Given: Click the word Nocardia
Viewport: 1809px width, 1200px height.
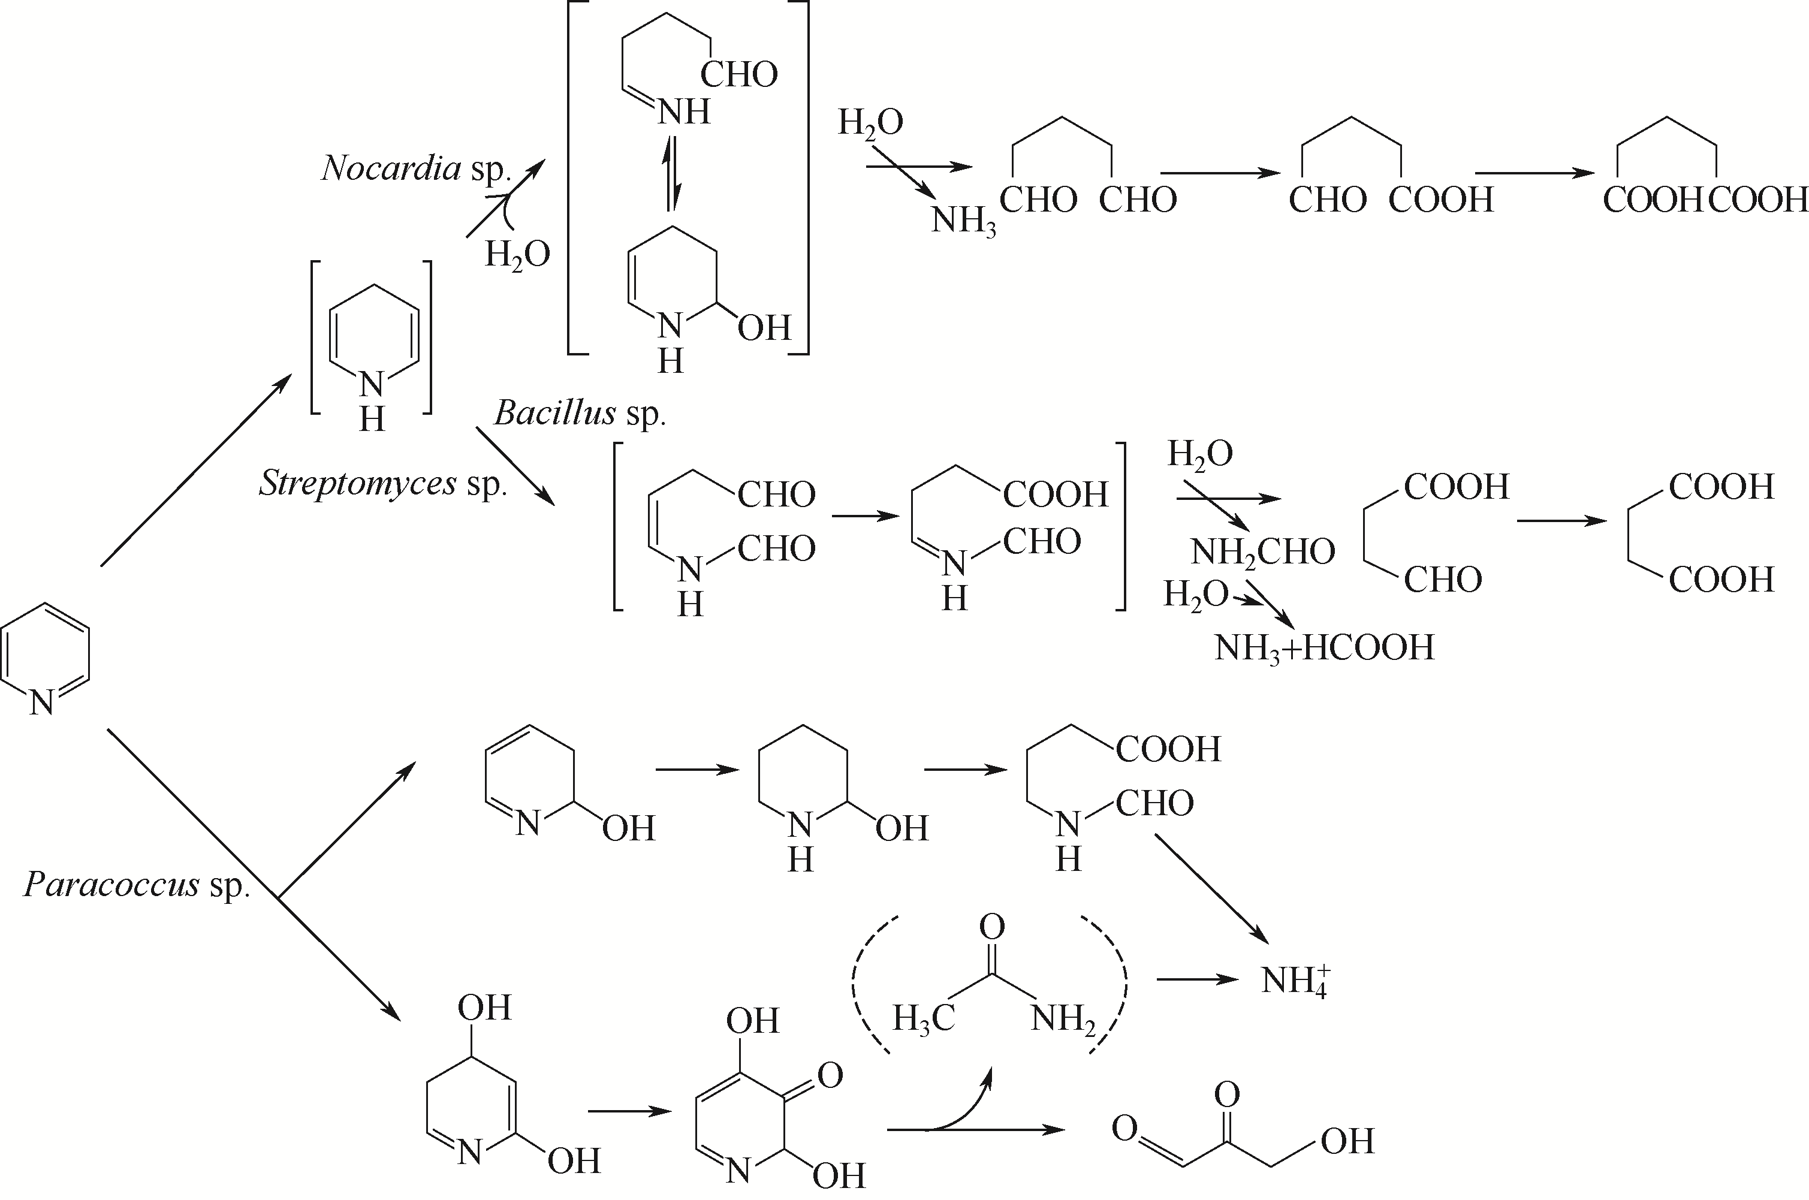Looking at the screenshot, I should (391, 168).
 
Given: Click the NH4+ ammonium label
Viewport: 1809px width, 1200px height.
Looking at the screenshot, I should (1295, 979).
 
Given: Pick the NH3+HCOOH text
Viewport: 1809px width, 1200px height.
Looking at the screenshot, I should (1324, 648).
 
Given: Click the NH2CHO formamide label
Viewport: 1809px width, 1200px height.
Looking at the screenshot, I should (1262, 552).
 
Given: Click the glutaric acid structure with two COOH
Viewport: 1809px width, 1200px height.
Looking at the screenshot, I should (1705, 168).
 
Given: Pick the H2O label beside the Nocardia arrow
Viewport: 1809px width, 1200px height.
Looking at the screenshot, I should (517, 254).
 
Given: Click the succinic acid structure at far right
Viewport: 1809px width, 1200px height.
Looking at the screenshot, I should (1699, 533).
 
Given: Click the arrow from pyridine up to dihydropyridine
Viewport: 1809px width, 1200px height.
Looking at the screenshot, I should (196, 471).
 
